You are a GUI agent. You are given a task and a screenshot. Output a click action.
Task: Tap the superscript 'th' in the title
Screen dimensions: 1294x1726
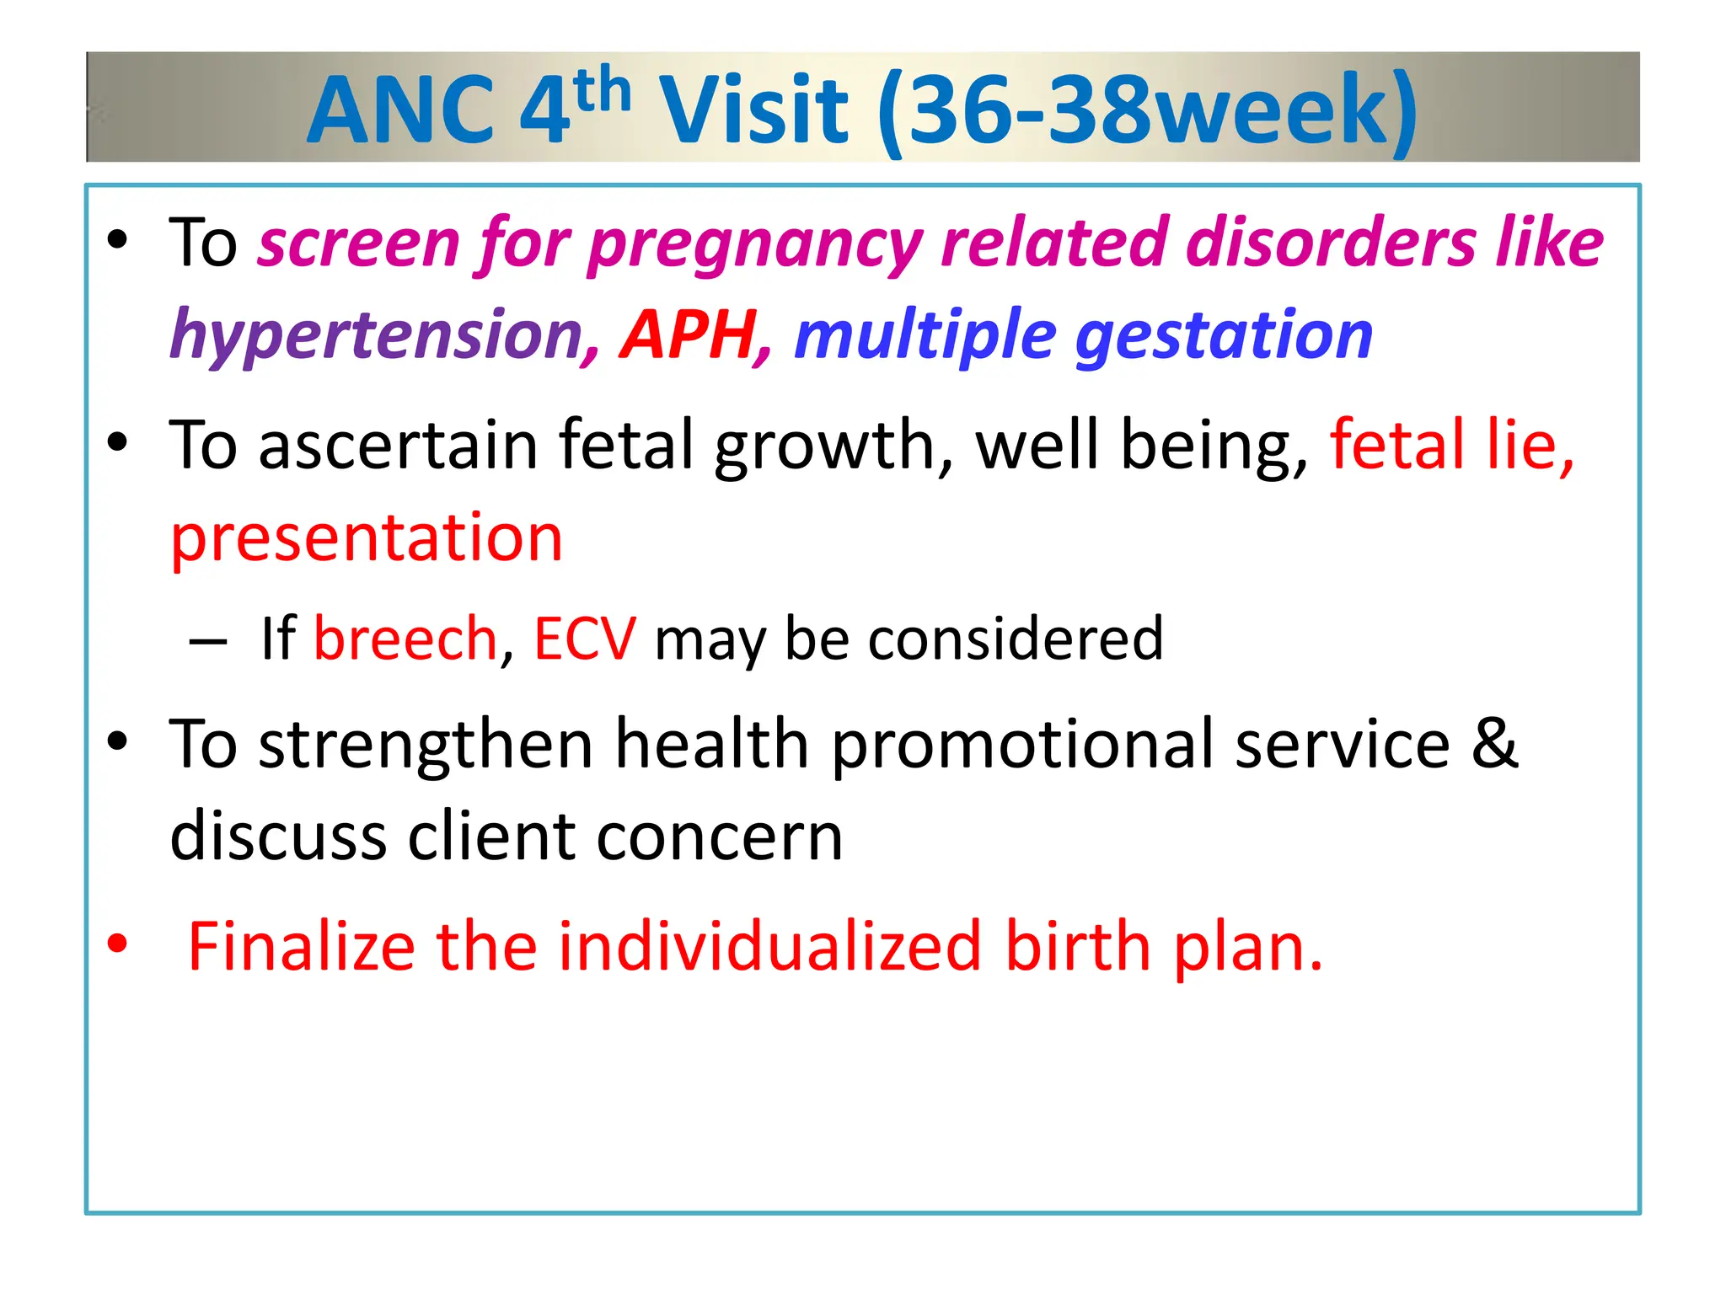pos(602,91)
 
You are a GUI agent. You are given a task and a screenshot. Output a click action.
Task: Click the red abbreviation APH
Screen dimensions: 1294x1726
pos(689,335)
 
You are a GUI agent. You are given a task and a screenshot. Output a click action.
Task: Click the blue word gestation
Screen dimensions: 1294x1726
pos(1224,335)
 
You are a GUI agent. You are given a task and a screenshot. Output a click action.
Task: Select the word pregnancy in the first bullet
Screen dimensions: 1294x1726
pos(755,244)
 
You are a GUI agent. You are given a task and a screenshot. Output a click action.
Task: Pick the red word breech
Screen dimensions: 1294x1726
pos(405,639)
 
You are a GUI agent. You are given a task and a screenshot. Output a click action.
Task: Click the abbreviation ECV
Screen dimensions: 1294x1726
pos(585,639)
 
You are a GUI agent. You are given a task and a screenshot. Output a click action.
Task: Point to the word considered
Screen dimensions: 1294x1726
pos(1016,639)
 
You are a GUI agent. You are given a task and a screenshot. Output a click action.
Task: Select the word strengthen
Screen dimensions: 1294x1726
pos(426,745)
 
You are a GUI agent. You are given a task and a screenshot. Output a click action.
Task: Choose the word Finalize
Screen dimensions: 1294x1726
pos(301,947)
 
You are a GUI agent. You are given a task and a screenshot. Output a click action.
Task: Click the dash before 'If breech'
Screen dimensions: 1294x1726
pos(208,643)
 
